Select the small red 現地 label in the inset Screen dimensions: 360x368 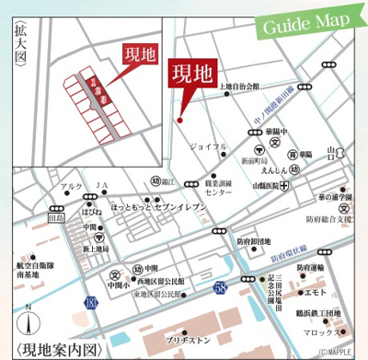[138, 53]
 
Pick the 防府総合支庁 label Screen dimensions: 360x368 [329, 220]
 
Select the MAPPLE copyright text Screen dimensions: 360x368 [335, 353]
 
